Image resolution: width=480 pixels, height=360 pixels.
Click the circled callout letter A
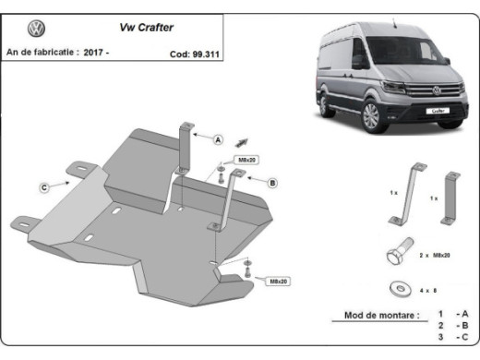[x=219, y=140]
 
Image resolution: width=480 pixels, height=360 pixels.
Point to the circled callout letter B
[x=273, y=183]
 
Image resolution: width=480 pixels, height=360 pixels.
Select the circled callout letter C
[x=43, y=188]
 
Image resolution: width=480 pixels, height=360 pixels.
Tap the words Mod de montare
[x=380, y=316]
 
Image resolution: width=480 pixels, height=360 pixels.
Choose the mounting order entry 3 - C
[x=451, y=339]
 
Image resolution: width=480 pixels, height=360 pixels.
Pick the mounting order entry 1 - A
[x=451, y=315]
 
